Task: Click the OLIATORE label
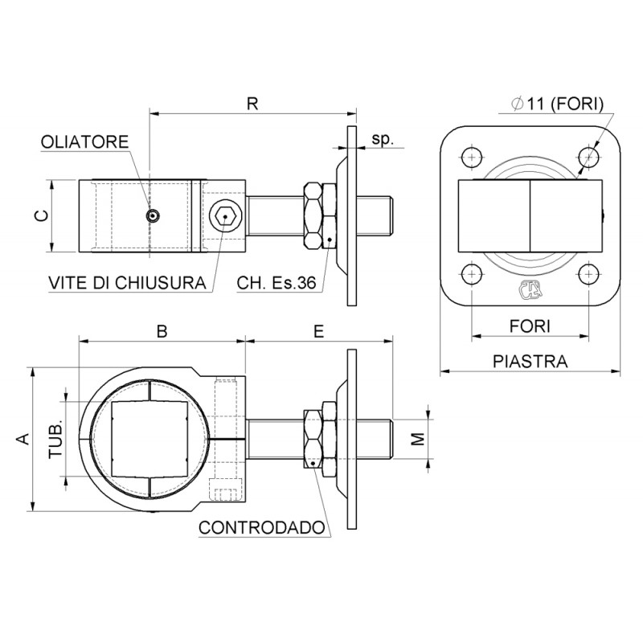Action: (84, 142)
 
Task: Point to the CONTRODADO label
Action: (262, 528)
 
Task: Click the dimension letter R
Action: (252, 104)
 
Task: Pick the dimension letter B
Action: (162, 331)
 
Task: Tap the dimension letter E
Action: (319, 331)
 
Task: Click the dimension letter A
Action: (23, 438)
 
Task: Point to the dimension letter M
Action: (416, 438)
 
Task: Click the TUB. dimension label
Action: (55, 438)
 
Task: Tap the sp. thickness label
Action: (383, 139)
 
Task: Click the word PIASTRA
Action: (530, 362)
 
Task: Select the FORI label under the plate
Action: (530, 326)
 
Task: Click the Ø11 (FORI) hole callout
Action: (557, 103)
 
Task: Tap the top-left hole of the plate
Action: (471, 155)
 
